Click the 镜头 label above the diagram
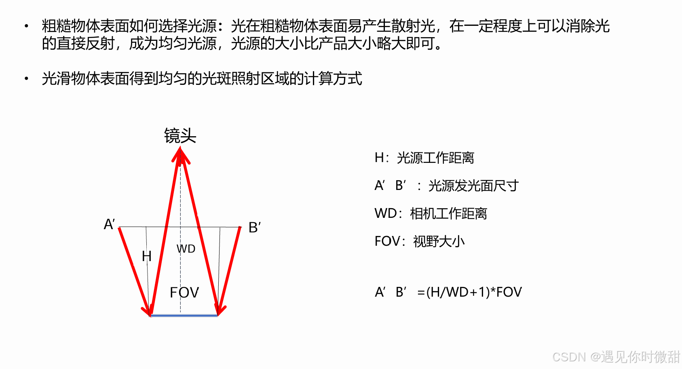[x=180, y=136]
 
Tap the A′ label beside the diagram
[x=109, y=224]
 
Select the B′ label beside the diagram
[x=254, y=228]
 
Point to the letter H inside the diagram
[x=146, y=256]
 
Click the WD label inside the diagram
[x=186, y=249]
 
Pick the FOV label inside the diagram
[x=184, y=292]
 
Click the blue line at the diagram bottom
[x=184, y=315]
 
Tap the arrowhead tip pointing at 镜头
[x=180, y=150]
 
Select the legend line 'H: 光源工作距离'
[x=424, y=158]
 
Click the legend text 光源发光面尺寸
[x=473, y=186]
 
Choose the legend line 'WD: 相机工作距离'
[x=431, y=213]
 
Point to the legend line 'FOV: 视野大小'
[x=420, y=241]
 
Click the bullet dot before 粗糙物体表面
[x=27, y=26]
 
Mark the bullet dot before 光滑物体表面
[x=27, y=78]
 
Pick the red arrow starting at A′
[x=134, y=271]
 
